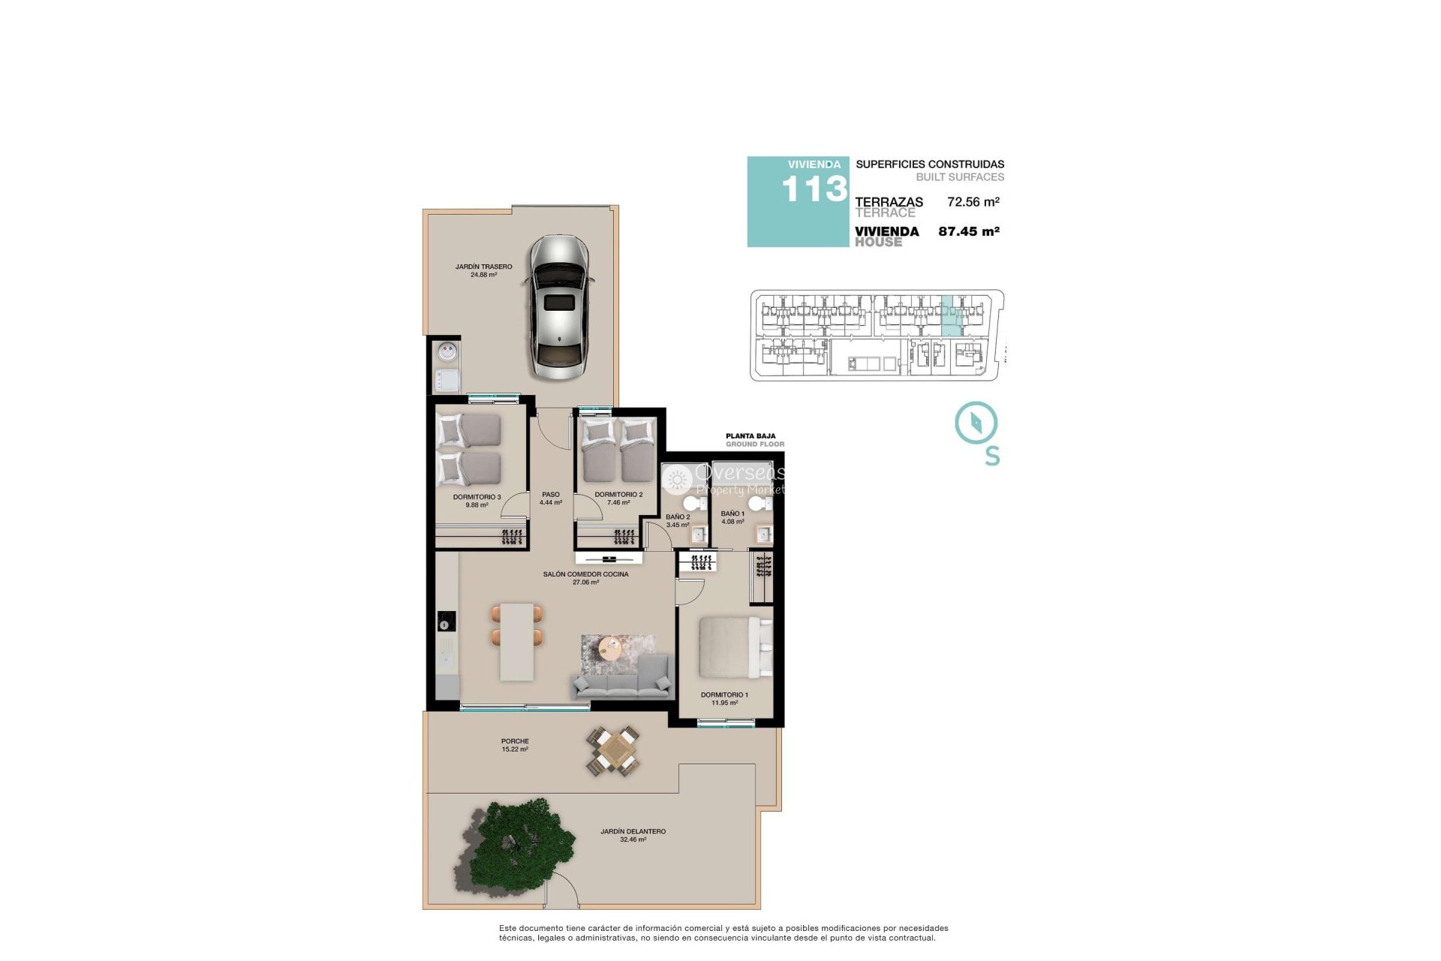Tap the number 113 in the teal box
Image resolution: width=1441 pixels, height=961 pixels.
[814, 189]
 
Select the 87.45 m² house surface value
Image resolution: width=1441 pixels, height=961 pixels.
[968, 231]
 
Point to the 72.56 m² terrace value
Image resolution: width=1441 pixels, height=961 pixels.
[973, 202]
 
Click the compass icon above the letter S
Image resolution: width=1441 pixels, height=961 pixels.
[976, 423]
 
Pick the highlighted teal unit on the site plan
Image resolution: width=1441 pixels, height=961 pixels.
[952, 316]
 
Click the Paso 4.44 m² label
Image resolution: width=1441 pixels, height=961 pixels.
[551, 499]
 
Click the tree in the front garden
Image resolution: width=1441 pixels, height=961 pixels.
[518, 845]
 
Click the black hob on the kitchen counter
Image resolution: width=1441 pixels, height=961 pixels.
[446, 622]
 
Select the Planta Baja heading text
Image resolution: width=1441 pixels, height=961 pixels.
[751, 435]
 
